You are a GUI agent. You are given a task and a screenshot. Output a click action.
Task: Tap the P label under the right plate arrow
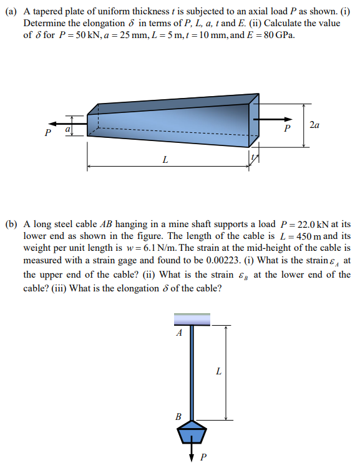[x=286, y=129]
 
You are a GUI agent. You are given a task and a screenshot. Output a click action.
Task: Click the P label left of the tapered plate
[x=47, y=133]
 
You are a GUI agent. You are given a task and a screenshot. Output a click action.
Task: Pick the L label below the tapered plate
[x=165, y=159]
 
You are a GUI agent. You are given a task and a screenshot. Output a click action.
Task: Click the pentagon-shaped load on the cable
[x=192, y=431]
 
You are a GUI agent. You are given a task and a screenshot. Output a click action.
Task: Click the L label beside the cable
[x=218, y=372]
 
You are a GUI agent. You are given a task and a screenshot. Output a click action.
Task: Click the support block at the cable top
[x=192, y=319]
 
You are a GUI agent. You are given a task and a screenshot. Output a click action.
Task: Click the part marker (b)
[x=11, y=223]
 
